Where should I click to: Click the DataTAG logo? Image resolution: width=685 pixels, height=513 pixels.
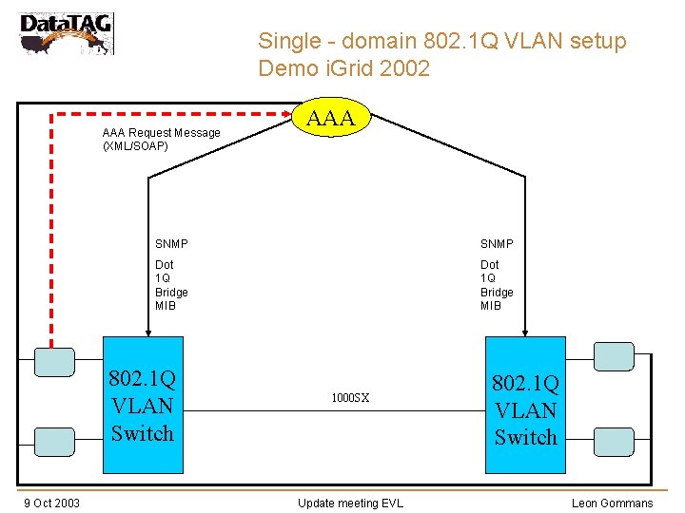[x=66, y=33]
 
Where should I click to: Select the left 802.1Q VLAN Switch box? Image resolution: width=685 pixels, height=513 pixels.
[x=143, y=405]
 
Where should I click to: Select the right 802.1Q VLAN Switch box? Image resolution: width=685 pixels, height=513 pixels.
[x=525, y=408]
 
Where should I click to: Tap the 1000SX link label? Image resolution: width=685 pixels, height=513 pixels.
[x=350, y=398]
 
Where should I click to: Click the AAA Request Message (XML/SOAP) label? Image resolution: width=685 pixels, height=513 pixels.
[x=161, y=140]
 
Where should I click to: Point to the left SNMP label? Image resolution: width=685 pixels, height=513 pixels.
[x=172, y=244]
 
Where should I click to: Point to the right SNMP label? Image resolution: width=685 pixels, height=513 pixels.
[x=497, y=244]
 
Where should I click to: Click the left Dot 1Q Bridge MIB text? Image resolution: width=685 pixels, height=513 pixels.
[x=171, y=285]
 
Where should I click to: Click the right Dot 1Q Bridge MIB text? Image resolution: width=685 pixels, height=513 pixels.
[x=497, y=285]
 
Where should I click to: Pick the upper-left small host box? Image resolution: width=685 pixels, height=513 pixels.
[x=54, y=362]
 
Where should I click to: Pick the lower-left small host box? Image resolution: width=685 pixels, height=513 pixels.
[x=54, y=441]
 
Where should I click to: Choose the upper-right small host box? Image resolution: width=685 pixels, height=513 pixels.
[x=614, y=356]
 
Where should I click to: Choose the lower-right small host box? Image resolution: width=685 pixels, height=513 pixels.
[x=614, y=441]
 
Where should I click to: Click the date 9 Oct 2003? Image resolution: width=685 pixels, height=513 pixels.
[x=52, y=503]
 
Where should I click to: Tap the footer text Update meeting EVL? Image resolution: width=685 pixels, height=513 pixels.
[x=350, y=503]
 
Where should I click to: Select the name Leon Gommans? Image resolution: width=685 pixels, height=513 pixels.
[x=612, y=503]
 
